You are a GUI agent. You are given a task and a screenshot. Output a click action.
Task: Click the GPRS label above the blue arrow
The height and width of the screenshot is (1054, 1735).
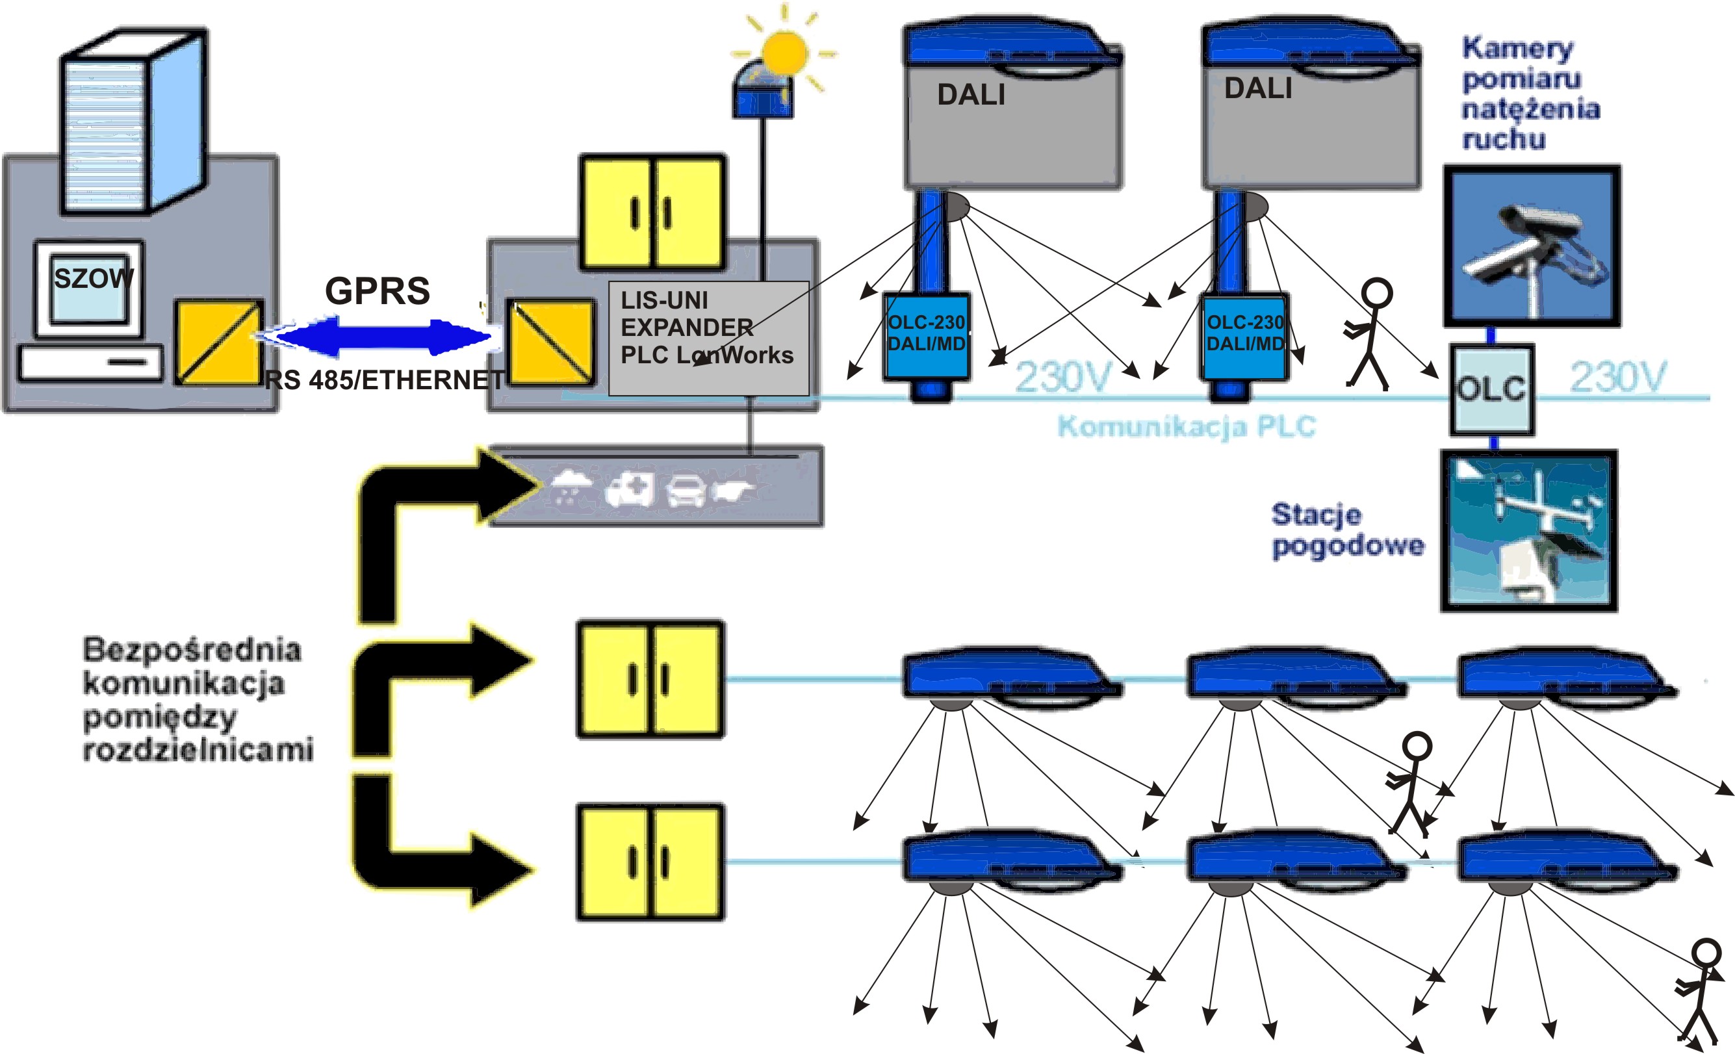(x=378, y=290)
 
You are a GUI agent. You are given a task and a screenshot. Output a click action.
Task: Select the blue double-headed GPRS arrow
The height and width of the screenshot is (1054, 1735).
(x=380, y=337)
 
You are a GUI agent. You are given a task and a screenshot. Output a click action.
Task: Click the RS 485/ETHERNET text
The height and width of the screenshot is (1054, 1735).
(x=385, y=380)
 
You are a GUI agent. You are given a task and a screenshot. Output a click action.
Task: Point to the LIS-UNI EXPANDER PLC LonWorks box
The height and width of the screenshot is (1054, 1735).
(x=708, y=338)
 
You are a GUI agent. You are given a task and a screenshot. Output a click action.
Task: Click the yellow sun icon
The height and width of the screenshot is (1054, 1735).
(x=784, y=53)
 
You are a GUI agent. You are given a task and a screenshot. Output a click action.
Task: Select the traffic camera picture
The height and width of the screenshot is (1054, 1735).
(x=1532, y=246)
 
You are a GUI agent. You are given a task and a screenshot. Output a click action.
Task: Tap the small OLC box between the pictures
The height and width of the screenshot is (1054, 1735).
(x=1491, y=389)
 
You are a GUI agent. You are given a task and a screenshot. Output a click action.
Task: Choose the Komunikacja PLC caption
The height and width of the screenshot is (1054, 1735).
(x=1187, y=427)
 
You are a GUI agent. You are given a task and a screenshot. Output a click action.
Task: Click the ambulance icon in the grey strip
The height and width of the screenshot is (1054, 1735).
(x=630, y=489)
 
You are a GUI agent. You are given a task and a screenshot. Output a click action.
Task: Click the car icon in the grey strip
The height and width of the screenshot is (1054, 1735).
(x=686, y=489)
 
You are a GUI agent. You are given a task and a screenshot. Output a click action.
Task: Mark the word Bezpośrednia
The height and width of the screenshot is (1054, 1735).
(x=192, y=649)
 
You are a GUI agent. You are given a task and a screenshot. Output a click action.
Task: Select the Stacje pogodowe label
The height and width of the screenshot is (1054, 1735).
(x=1346, y=530)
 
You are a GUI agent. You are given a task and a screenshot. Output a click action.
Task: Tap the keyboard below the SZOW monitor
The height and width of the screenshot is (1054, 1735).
(x=90, y=363)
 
